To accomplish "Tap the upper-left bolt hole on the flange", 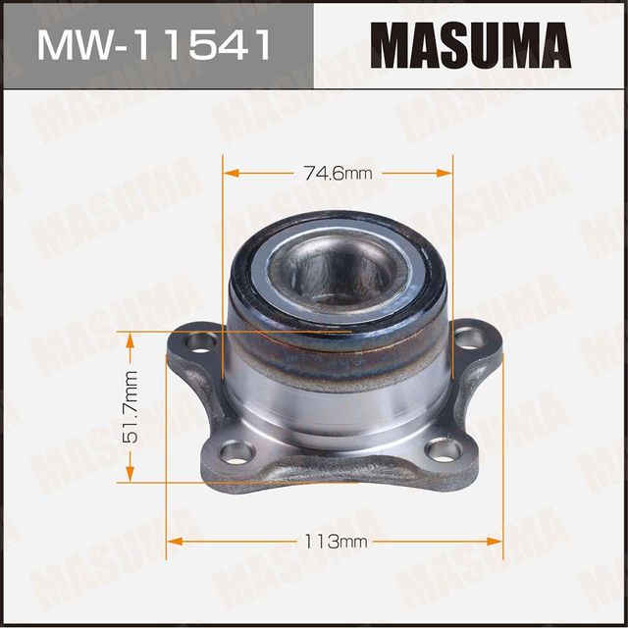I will pyautogui.click(x=202, y=342).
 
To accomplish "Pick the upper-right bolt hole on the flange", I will pyautogui.click(x=469, y=339).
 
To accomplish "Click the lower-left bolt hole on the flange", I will pyautogui.click(x=235, y=451).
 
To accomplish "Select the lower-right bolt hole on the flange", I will pyautogui.click(x=444, y=449).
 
